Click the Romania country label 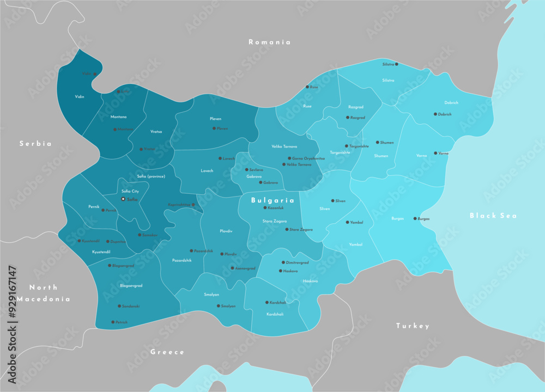click(x=269, y=42)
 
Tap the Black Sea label click(x=493, y=216)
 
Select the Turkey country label click(x=413, y=326)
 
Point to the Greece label click(x=167, y=352)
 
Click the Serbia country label click(x=35, y=144)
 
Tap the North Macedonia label click(x=43, y=293)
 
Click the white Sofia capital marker click(x=123, y=199)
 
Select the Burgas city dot click(x=415, y=218)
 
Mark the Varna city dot click(x=435, y=154)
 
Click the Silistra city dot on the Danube click(x=396, y=64)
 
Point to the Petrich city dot click(x=113, y=322)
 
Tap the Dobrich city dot click(x=435, y=114)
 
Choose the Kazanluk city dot click(x=265, y=207)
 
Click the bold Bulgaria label click(x=272, y=200)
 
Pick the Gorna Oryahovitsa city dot click(x=289, y=158)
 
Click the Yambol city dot click(x=348, y=222)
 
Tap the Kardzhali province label click(x=275, y=314)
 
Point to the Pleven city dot click(x=214, y=128)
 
